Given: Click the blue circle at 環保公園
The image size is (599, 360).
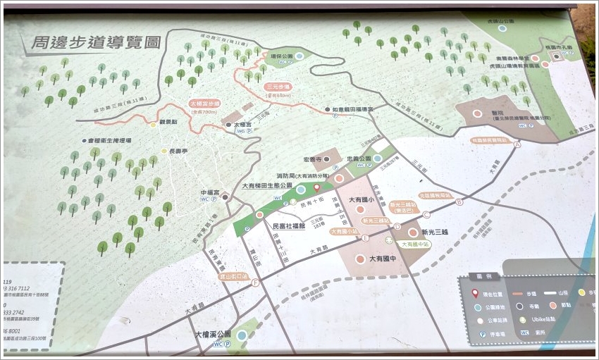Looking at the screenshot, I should pos(299,56).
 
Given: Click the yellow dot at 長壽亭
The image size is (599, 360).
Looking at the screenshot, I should pos(163,150).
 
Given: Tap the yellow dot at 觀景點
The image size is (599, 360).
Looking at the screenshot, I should pos(154,125).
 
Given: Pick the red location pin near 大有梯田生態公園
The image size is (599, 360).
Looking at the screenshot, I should pos(316,187).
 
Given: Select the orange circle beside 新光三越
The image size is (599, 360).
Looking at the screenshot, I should pos(413,232).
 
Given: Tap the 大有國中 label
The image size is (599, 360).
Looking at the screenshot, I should pos(383,259).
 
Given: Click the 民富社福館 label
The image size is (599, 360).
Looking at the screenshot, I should pos(288,226).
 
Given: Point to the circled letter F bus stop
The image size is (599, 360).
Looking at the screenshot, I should pos(255,283).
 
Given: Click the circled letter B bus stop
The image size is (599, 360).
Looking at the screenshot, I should pos(459,202).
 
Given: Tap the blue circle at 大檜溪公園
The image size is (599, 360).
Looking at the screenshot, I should pos(242,335).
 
